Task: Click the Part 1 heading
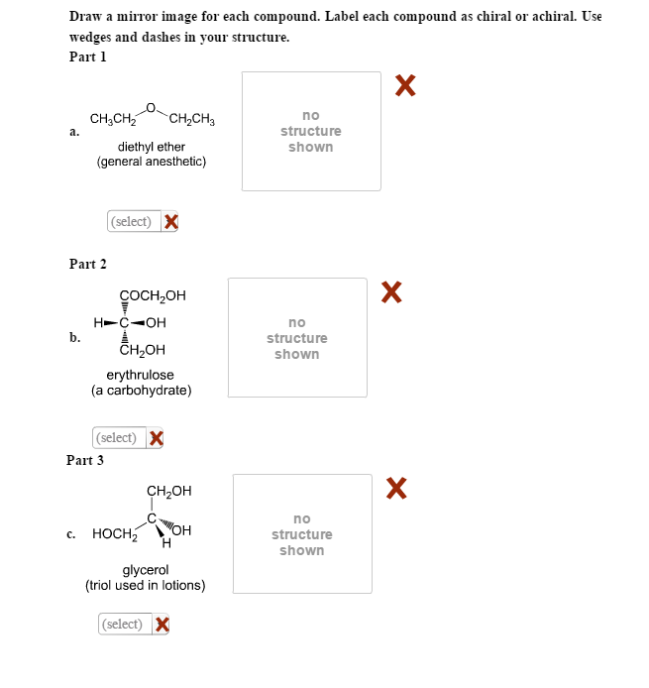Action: point(87,57)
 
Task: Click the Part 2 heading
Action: point(87,264)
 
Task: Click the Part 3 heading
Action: point(85,460)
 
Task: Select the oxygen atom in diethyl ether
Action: point(151,107)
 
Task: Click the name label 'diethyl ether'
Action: point(152,147)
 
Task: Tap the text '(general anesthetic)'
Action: point(152,162)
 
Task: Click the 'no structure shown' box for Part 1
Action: point(311,131)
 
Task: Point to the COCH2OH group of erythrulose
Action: point(153,295)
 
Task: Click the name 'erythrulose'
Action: point(140,375)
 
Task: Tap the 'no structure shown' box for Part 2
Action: point(297,338)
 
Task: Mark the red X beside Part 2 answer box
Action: point(391,291)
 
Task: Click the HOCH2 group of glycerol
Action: point(114,534)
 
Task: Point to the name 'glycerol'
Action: point(146,570)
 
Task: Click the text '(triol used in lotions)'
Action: point(146,585)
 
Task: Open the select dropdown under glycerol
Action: point(124,624)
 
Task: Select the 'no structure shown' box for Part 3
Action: point(302,534)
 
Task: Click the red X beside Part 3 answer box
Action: point(396,488)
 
